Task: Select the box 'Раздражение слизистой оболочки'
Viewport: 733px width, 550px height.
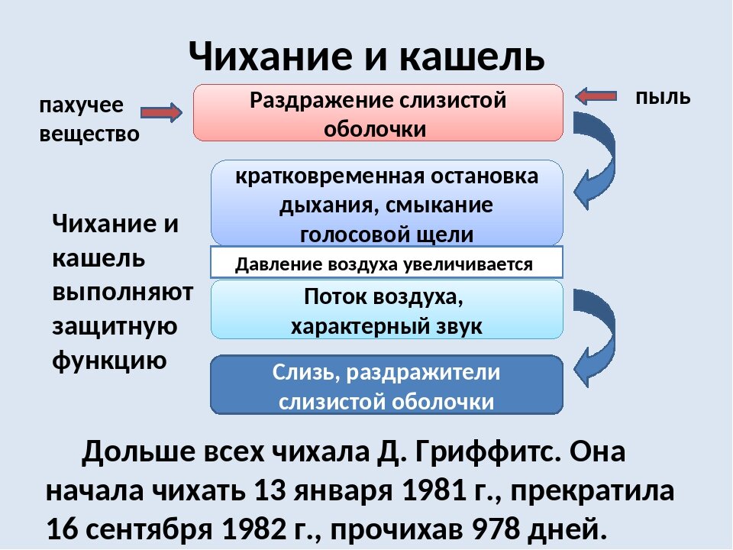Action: click(x=378, y=113)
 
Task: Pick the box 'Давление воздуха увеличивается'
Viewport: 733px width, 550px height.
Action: click(x=386, y=264)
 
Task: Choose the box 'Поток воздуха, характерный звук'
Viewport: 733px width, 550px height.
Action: click(x=386, y=310)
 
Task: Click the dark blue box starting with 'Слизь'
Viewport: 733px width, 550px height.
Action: click(x=386, y=386)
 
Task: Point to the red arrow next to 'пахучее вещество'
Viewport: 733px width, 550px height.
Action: click(x=161, y=113)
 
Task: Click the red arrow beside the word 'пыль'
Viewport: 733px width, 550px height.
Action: click(x=596, y=96)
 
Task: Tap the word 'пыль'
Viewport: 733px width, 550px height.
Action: click(x=663, y=96)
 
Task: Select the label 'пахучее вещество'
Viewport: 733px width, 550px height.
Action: click(x=89, y=120)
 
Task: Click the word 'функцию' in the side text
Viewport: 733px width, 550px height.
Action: click(x=108, y=359)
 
